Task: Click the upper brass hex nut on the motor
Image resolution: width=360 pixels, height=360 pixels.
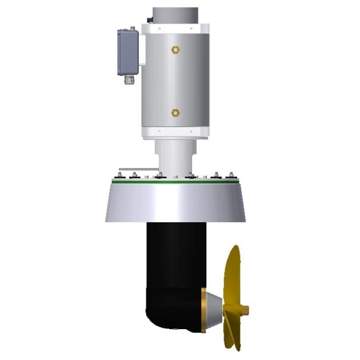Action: (x=175, y=50)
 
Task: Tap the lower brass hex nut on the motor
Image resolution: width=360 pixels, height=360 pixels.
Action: (x=175, y=113)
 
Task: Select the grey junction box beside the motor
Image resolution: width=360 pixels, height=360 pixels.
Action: (x=128, y=52)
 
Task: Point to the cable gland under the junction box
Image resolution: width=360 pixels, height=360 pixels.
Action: (x=129, y=79)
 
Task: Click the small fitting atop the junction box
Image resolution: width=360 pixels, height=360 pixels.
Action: (x=132, y=27)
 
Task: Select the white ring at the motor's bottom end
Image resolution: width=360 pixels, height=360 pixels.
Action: (x=175, y=132)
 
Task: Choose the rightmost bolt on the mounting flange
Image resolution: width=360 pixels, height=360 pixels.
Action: (x=231, y=174)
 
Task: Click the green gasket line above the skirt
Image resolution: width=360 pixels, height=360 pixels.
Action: (x=175, y=183)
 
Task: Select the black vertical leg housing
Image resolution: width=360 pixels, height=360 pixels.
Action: (x=176, y=257)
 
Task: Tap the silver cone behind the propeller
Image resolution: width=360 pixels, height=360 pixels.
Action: (x=214, y=309)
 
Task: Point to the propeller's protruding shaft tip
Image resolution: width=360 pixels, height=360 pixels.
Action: (x=246, y=310)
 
